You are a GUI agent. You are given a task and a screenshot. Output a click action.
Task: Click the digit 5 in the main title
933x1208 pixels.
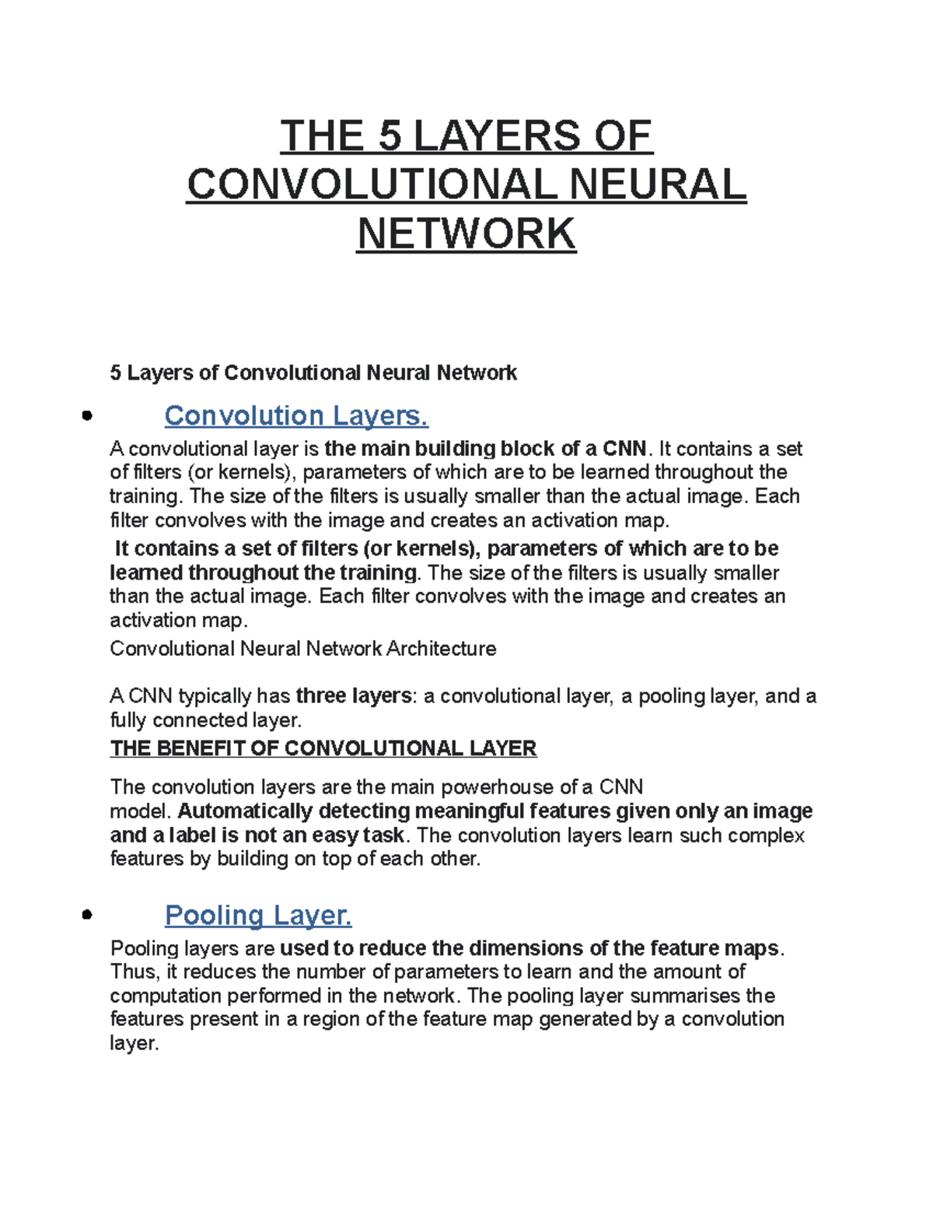coord(390,136)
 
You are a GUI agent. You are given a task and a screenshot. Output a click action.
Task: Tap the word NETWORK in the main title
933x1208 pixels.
coord(466,233)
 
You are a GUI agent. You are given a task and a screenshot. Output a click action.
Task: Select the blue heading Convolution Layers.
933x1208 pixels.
coord(296,415)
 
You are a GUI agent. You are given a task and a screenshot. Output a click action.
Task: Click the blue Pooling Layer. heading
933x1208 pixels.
coord(258,915)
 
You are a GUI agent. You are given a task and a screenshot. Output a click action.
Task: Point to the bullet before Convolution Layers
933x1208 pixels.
coord(86,415)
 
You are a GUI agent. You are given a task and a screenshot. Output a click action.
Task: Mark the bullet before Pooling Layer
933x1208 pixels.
coord(86,915)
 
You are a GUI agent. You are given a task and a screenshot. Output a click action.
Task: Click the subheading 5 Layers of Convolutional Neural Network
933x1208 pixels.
coord(313,373)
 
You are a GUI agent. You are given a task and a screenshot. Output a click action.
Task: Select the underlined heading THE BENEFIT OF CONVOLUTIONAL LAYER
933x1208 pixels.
coord(323,748)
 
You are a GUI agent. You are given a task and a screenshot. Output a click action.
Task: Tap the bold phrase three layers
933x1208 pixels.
coord(354,695)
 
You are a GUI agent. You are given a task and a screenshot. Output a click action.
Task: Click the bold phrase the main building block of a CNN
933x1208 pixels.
coord(485,449)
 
